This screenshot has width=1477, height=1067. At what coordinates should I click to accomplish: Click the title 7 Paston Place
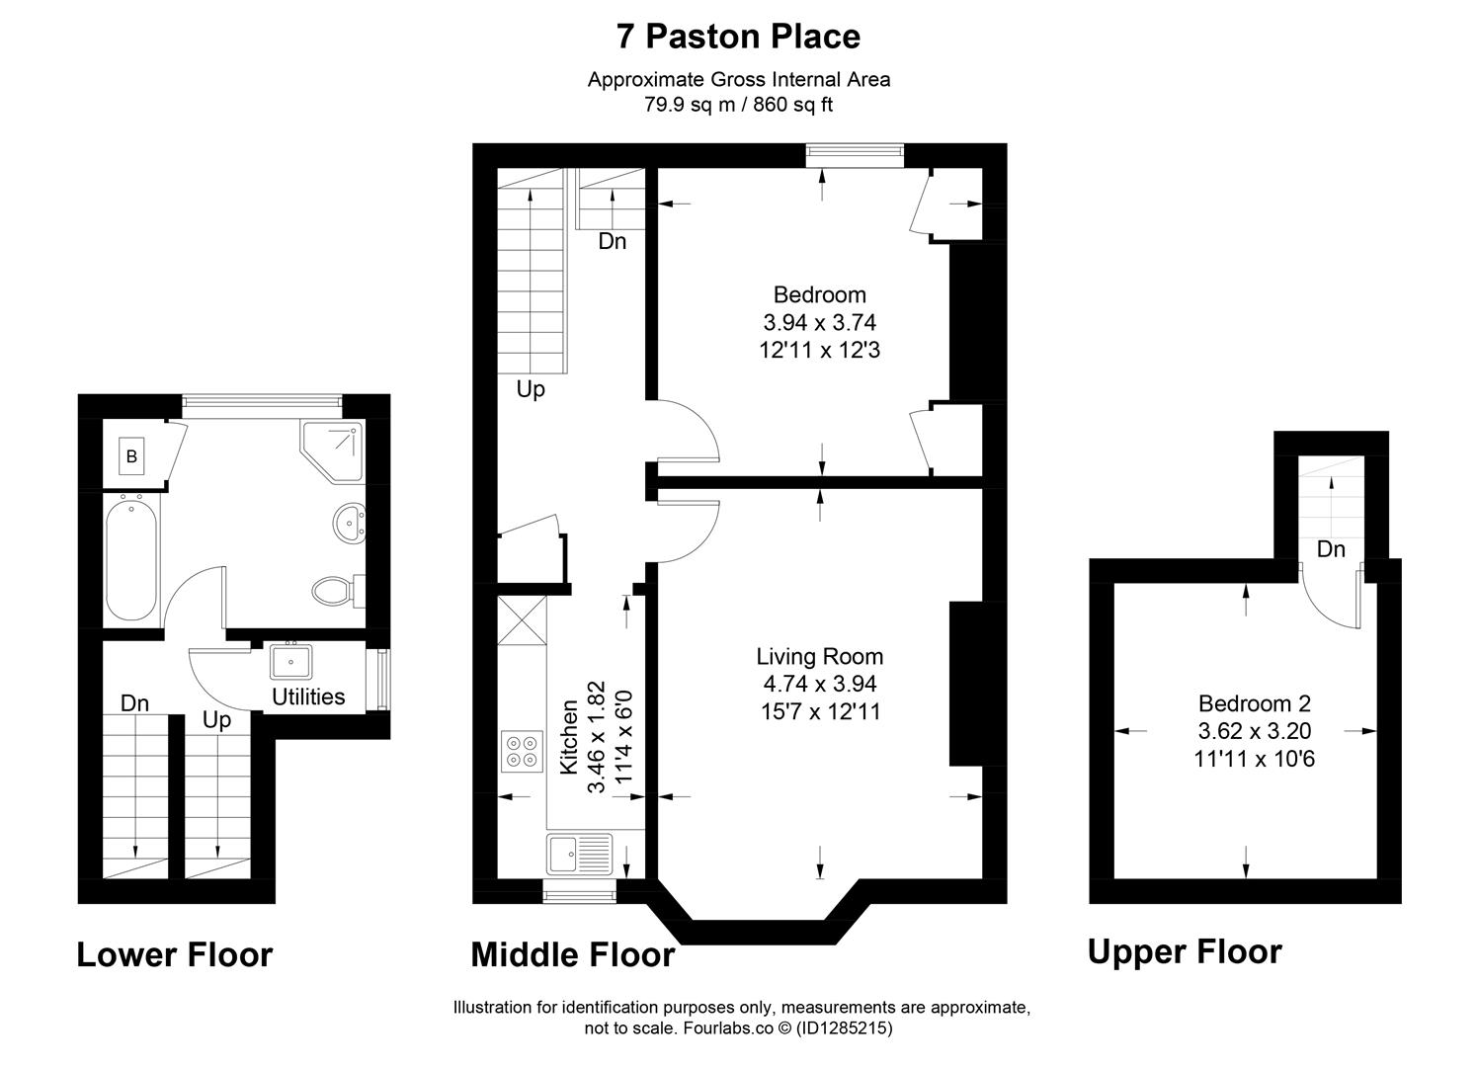(738, 37)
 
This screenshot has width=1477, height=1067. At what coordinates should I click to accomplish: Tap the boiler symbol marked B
(131, 456)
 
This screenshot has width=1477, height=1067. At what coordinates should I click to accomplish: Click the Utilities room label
(308, 697)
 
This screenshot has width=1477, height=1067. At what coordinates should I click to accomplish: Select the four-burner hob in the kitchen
(522, 750)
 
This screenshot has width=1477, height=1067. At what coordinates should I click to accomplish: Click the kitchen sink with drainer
(580, 854)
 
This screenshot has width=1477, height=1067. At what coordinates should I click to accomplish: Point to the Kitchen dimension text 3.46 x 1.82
(596, 737)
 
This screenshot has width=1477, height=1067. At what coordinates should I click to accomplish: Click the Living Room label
(819, 656)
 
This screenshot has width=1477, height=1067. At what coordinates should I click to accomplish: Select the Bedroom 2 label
(1254, 703)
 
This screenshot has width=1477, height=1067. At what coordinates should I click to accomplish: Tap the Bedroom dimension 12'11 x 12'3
(819, 350)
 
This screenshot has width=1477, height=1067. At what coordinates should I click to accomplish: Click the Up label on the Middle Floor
(531, 390)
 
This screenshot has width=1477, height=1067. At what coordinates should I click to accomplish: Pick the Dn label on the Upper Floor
(1331, 549)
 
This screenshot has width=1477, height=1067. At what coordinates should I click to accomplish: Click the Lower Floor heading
(175, 955)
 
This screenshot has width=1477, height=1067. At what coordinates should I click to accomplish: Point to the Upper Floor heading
(1185, 952)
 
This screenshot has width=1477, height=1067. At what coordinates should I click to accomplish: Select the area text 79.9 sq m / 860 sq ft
(738, 105)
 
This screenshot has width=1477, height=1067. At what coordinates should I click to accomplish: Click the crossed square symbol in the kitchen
(522, 621)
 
